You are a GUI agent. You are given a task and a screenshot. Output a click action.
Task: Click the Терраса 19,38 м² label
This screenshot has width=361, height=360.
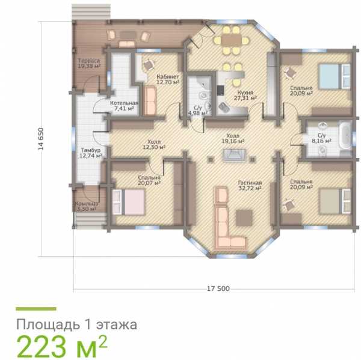[89, 64]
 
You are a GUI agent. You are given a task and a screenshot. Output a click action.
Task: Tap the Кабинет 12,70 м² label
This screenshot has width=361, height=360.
[168, 79]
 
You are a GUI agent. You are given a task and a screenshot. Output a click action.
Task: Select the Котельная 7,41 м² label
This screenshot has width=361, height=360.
[124, 106]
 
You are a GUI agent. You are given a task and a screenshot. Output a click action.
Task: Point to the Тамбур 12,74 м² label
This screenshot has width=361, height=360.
[91, 153]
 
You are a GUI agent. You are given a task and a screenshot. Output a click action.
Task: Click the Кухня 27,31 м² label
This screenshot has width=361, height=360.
[245, 95]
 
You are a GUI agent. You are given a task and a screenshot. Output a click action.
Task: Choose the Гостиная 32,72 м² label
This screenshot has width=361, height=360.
[250, 185]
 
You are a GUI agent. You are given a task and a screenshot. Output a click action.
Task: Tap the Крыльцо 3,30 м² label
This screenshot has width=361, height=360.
[86, 206]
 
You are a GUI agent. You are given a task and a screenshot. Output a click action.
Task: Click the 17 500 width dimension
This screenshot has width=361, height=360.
[218, 288]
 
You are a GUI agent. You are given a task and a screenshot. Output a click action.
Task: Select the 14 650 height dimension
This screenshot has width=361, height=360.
[41, 139]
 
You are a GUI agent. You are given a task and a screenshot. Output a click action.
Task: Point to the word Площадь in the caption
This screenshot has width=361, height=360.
[48, 325]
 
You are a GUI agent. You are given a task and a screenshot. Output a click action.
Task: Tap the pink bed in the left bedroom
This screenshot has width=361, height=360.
[128, 202]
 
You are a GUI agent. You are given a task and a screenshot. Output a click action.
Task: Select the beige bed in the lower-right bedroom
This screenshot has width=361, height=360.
[335, 201]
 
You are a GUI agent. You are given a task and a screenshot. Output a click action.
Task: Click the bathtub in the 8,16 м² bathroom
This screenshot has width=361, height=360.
[345, 135]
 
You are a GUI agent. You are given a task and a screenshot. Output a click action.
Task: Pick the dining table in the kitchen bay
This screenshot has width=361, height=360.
[232, 40]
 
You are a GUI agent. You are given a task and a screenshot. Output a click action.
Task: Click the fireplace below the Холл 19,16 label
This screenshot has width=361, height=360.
[235, 155]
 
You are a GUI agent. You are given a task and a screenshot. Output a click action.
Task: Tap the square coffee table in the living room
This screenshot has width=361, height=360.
[244, 218]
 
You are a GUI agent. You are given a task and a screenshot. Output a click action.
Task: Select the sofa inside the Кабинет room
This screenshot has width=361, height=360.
[150, 100]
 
